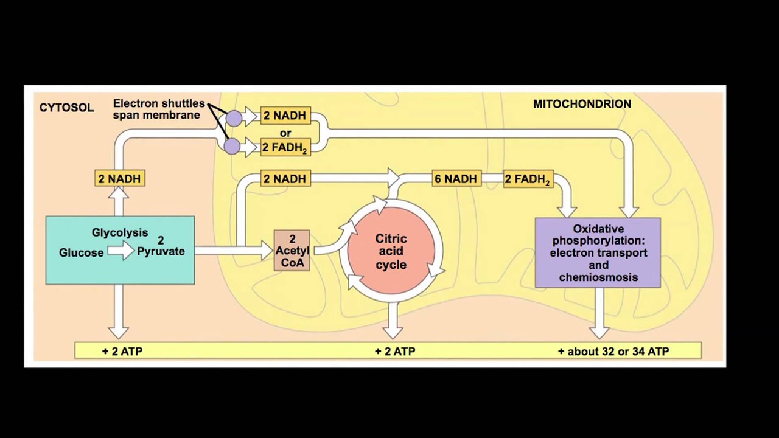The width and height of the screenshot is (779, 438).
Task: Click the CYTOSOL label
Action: coord(66,108)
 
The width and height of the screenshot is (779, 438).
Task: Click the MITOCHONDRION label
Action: coord(582,104)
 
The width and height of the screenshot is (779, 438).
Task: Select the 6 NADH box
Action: coord(455,179)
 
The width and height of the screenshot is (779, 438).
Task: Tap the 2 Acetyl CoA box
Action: coord(292,250)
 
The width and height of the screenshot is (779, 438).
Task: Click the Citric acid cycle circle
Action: coord(391,252)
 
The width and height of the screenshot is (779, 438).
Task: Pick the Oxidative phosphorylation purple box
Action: coord(598,252)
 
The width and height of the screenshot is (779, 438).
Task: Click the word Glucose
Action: coord(81,252)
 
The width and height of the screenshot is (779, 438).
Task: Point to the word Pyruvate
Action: coord(161,251)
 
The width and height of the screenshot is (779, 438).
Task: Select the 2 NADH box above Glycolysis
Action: coord(119,179)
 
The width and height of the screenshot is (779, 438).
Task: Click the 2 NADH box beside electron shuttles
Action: coord(285,116)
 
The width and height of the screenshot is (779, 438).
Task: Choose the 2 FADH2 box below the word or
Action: coord(285,147)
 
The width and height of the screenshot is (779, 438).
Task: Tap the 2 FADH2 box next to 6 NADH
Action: coord(527,179)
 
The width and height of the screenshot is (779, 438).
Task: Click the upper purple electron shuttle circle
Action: coord(233,117)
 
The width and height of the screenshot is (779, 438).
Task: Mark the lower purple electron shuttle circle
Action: coord(232,146)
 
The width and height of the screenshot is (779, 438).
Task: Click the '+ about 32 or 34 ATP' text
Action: coord(613,351)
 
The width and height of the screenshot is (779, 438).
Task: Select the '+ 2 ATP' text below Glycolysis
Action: coord(122,351)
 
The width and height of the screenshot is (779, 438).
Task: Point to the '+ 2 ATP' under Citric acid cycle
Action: coord(395,351)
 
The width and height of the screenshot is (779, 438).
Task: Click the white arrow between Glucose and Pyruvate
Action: coord(121,250)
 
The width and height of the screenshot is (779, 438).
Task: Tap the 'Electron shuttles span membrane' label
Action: coord(158,109)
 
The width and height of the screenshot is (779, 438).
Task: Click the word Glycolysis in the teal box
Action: coord(120,232)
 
